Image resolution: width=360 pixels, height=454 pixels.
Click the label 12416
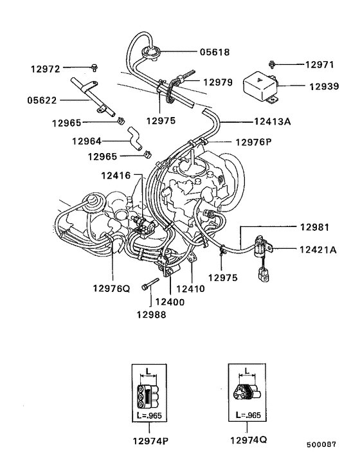coord(116,175)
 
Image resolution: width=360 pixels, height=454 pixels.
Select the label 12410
coord(190,289)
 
